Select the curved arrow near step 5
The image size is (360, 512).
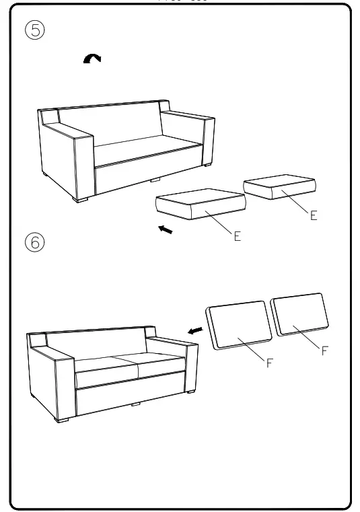[92, 61]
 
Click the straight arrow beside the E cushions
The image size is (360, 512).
[164, 231]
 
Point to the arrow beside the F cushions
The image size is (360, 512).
[195, 330]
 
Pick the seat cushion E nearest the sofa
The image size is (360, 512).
[200, 205]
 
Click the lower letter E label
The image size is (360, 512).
[237, 237]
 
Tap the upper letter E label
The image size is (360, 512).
[314, 217]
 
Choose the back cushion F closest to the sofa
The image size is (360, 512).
[238, 326]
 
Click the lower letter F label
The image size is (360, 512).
[269, 363]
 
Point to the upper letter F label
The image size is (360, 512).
[325, 351]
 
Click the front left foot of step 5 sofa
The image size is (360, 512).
[83, 200]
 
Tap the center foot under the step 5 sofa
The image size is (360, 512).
[155, 180]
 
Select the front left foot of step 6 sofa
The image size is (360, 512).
[64, 419]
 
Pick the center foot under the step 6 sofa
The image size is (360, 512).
[136, 404]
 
